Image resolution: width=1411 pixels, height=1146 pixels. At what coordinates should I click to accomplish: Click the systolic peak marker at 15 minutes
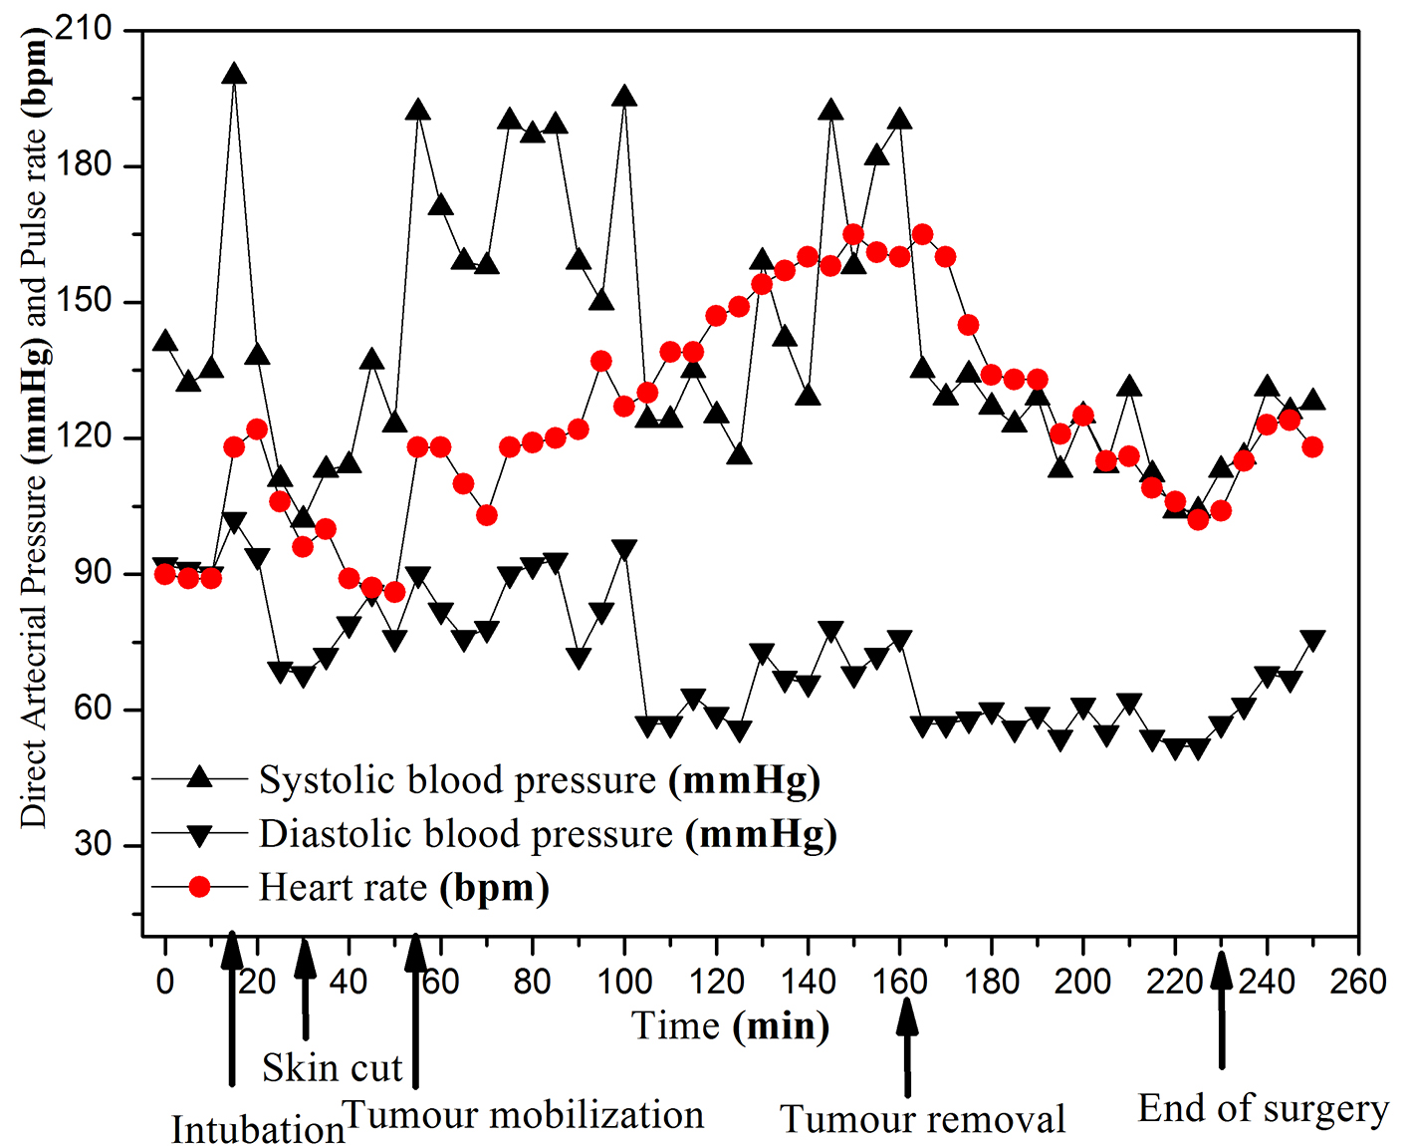pos(234,74)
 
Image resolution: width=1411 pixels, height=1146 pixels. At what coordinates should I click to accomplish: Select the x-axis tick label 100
pos(624,982)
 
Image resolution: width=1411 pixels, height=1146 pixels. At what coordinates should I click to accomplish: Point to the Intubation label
pos(258,1130)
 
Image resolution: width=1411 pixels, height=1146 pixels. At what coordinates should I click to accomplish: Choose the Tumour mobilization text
pos(524,1115)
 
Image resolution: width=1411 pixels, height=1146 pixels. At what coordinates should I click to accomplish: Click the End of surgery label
pos(1263,1108)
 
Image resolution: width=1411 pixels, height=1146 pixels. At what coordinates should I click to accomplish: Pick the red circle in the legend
pos(199,886)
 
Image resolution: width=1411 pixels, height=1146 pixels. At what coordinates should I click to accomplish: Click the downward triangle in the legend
pos(199,835)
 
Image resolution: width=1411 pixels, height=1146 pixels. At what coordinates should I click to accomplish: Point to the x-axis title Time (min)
pos(730,1025)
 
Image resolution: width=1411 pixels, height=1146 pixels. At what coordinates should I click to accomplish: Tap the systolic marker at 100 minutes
pos(624,97)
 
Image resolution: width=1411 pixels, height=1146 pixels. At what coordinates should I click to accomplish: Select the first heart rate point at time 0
pos(165,574)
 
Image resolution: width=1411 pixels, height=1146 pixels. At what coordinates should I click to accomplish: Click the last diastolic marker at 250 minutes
pos(1312,640)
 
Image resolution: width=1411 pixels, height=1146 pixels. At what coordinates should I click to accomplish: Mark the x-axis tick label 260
pos(1358,982)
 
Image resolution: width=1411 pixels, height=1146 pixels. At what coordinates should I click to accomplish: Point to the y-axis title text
pos(35,429)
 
